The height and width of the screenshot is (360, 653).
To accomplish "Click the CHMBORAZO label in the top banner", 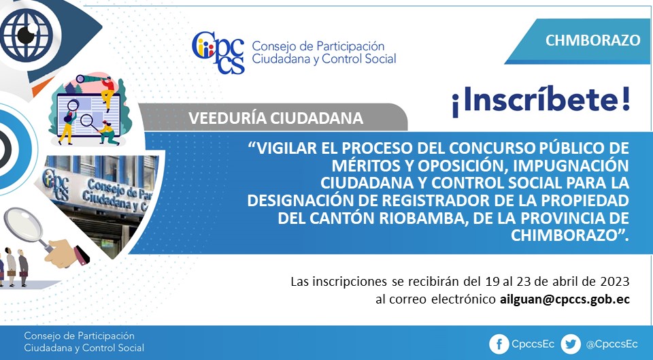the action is point(592,40).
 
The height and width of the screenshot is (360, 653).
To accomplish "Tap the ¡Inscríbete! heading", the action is point(541,101).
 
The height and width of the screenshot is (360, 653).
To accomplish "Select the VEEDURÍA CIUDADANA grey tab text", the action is point(275,118).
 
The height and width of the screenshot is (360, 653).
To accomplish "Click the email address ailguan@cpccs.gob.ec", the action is point(565,299).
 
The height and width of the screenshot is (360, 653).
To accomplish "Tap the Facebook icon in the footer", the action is point(499,344).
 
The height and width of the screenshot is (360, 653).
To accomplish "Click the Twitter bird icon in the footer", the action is point(570,344).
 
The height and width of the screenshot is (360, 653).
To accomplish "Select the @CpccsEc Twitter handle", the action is point(612,344).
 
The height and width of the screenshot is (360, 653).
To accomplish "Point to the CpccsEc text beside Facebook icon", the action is point(533,344).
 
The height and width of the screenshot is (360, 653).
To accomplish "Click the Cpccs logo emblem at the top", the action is point(218,52).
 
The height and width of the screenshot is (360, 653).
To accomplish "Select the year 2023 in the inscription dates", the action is point(615,282).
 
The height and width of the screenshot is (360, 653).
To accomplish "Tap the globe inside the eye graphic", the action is point(26,35).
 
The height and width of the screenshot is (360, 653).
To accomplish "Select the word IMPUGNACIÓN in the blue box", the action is point(571,165).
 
